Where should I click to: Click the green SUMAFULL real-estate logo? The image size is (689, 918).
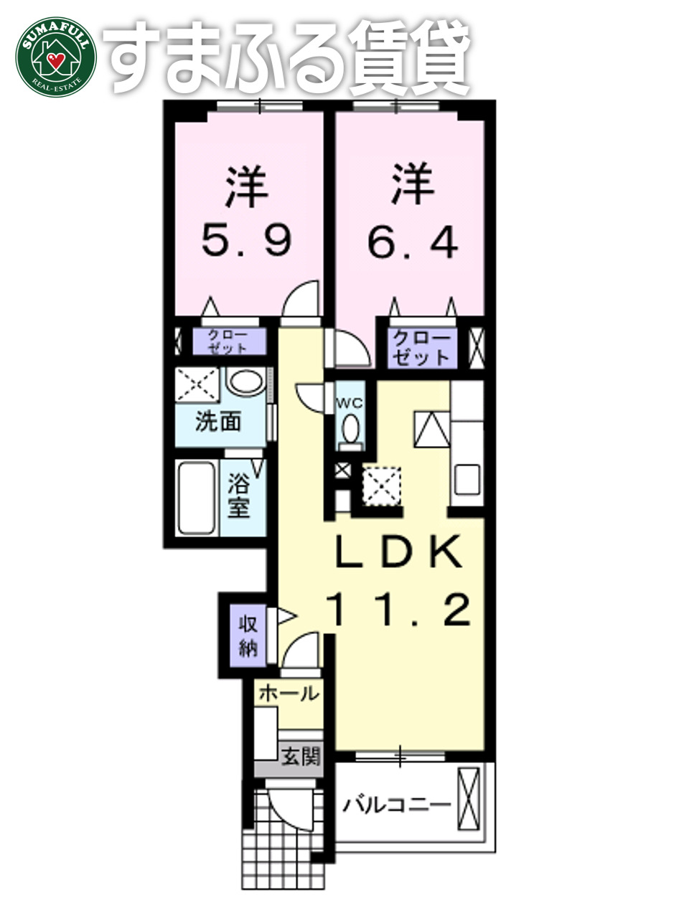tap(55, 55)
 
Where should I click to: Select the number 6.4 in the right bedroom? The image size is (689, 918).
tap(412, 243)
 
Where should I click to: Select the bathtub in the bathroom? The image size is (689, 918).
tap(197, 498)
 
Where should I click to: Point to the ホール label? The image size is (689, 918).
tap(289, 694)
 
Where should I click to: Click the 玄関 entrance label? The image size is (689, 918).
tap(300, 756)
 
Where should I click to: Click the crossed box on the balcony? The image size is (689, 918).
tap(469, 798)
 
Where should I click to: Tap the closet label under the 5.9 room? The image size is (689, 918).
tap(228, 341)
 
